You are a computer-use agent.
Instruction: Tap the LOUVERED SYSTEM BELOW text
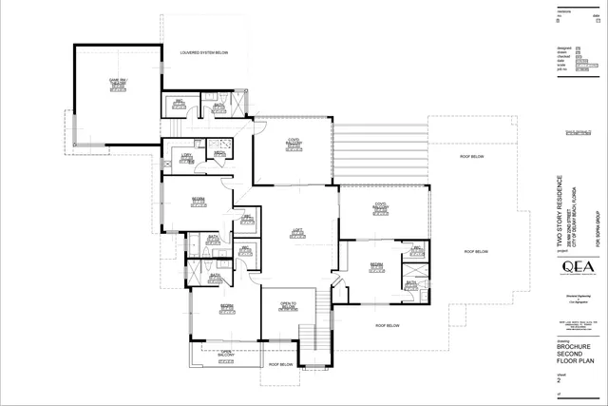click(203, 53)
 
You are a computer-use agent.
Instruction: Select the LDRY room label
click(186, 156)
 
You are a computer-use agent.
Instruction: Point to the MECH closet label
click(218, 154)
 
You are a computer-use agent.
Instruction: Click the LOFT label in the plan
click(295, 231)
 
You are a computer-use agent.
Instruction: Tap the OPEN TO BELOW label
click(290, 305)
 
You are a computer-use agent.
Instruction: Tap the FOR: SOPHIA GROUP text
click(598, 228)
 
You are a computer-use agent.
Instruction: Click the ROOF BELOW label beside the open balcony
click(279, 364)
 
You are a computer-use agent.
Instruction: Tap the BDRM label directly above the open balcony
click(227, 308)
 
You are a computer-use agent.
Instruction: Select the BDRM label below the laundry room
click(199, 201)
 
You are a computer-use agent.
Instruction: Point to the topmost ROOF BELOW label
click(473, 155)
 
